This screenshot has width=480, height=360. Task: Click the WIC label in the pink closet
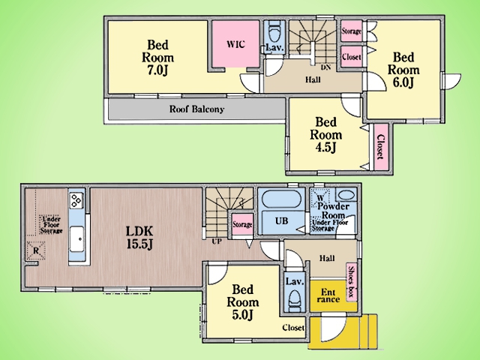pos(235,44)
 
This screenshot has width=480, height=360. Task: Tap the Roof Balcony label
pos(196,109)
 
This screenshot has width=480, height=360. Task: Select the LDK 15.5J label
pos(139,237)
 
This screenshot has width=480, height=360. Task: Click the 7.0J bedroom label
pos(158,58)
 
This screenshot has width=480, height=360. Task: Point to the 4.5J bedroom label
pos(325,135)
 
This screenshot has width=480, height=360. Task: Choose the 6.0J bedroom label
pos(403,70)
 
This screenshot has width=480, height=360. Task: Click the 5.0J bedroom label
pos(243,302)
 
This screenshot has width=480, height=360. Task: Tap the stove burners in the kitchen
pos(76,200)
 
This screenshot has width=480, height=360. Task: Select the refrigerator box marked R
pos(36,250)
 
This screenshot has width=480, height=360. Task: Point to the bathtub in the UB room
pos(282,199)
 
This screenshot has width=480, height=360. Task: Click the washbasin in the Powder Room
pos(346,195)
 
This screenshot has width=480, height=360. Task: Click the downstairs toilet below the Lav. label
pos(295,300)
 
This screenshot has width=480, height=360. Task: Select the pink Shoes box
pos(352,282)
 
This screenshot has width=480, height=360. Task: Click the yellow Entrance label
pos(328,295)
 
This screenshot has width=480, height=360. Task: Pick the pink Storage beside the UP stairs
pos(242,224)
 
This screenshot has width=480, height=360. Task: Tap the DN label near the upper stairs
pos(325,67)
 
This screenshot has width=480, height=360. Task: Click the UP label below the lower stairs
pos(217,241)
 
